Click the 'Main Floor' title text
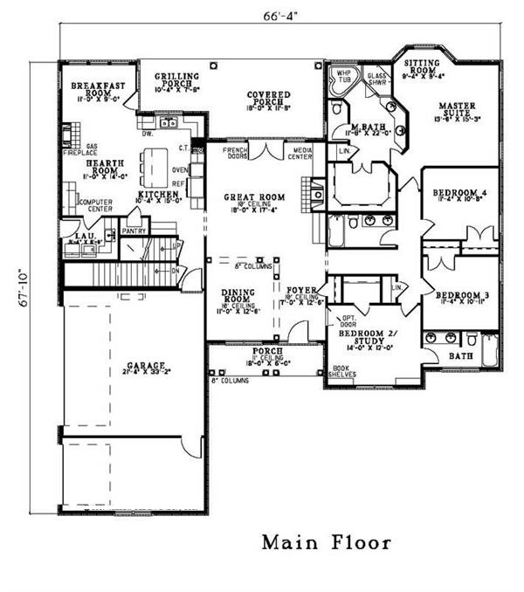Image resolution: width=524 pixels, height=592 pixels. (327, 543)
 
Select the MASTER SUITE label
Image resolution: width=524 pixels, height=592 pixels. (456, 110)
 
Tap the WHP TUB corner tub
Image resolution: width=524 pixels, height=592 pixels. (339, 79)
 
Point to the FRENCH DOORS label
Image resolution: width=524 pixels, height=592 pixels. (233, 152)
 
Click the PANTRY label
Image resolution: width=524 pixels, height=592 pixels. (134, 231)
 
